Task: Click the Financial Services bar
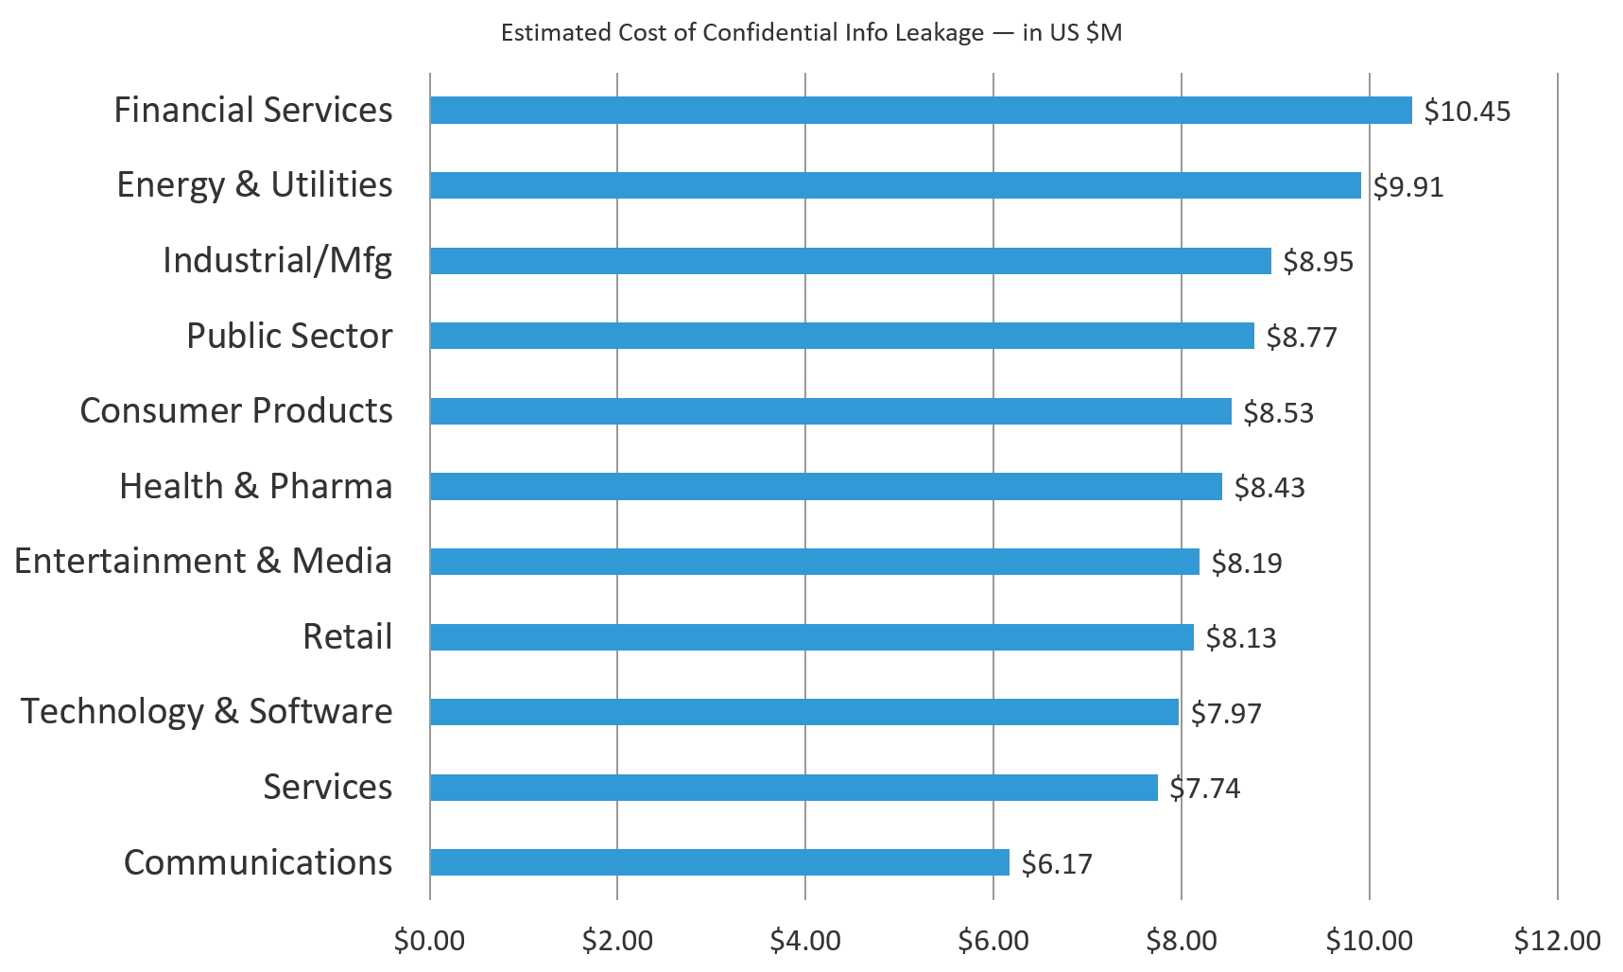[921, 111]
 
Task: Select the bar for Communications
[719, 862]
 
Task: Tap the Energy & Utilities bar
[895, 185]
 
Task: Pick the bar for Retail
[811, 637]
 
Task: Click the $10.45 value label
[1467, 112]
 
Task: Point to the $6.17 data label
[1057, 864]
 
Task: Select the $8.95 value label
[1318, 262]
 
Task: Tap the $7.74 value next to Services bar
[1204, 789]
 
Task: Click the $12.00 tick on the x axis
[1557, 941]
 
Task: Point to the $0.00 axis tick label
[429, 941]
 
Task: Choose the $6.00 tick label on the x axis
[993, 941]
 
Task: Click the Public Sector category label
[289, 336]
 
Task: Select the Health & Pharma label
[255, 486]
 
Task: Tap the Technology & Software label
[206, 711]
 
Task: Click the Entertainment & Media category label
[202, 561]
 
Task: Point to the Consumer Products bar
[830, 411]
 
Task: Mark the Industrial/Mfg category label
[277, 260]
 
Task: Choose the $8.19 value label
[1247, 564]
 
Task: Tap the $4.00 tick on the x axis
[804, 941]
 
